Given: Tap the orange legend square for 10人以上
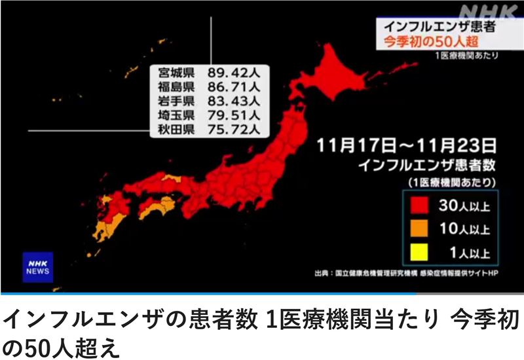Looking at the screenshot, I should click(419, 229).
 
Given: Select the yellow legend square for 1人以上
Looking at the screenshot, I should click(419, 251).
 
